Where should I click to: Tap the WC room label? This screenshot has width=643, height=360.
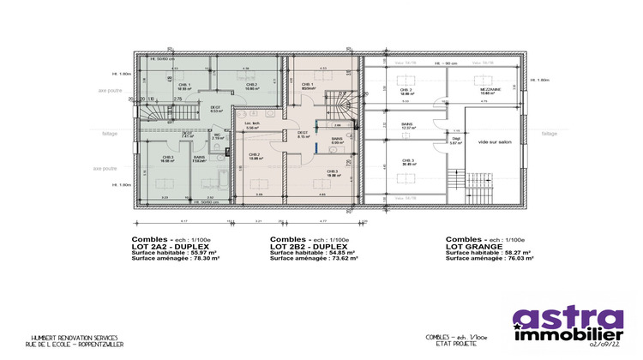pos(218,135)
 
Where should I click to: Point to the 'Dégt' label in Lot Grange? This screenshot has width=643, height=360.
pos(456,141)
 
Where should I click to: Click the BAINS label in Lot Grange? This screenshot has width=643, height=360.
pos(406,126)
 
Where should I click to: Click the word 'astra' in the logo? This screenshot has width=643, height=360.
pos(567,318)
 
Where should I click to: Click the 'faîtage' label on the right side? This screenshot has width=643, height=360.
pos(550,133)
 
